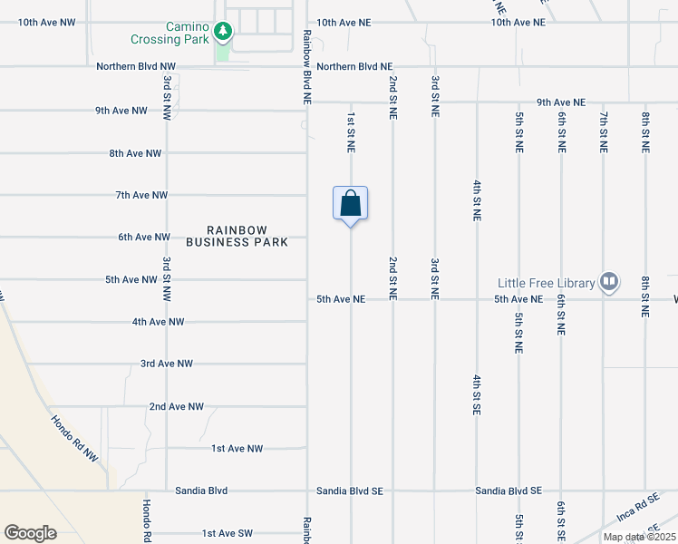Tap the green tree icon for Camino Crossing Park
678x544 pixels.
[223, 33]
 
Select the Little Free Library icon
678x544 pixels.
[609, 282]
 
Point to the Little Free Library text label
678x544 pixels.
[545, 283]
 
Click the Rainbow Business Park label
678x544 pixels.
[237, 237]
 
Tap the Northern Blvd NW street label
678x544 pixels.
[137, 67]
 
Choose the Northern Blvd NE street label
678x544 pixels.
[354, 67]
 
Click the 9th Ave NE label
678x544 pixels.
[561, 102]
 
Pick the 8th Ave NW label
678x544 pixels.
[135, 153]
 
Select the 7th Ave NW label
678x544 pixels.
[141, 195]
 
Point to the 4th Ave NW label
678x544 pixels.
[158, 322]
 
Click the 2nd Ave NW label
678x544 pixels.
[177, 407]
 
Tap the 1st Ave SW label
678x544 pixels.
[228, 533]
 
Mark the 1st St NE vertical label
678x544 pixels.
[351, 132]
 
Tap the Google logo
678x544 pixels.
[30, 532]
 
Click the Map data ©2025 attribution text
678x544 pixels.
[638, 537]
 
